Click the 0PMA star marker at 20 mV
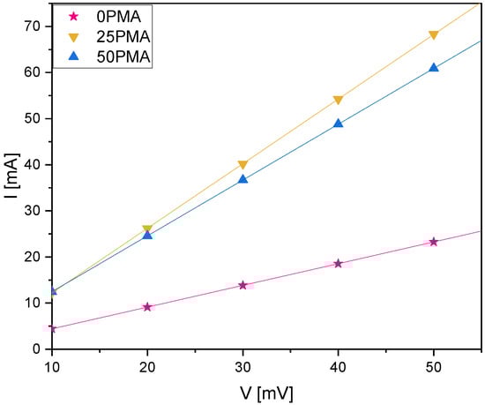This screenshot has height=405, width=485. (x=147, y=307)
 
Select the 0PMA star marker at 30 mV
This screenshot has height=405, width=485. (x=242, y=285)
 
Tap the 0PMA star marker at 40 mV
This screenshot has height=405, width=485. (x=338, y=264)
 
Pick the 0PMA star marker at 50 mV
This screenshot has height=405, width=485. (x=433, y=242)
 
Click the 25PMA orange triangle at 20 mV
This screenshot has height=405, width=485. (x=147, y=230)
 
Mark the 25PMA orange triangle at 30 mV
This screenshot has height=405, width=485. (x=242, y=165)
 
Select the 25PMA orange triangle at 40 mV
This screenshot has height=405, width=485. (x=338, y=101)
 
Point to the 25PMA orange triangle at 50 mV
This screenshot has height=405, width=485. (x=433, y=36)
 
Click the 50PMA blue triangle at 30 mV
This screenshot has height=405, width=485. (x=242, y=179)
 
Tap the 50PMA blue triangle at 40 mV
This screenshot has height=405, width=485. (x=338, y=124)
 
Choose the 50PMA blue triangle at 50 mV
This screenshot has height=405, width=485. (x=433, y=67)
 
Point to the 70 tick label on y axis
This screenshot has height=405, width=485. (x=33, y=26)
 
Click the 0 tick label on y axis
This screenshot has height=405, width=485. (x=36, y=349)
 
